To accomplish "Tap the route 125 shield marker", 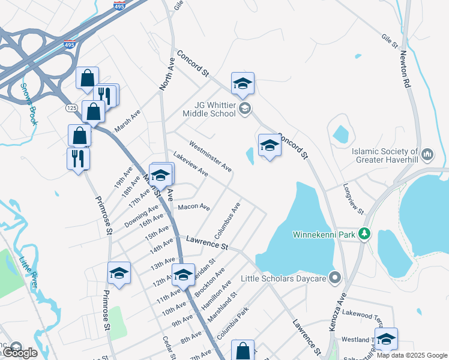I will pyautogui.click(x=71, y=107).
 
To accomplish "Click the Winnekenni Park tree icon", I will pyautogui.click(x=364, y=234).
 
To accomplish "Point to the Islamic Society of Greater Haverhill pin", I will pyautogui.click(x=427, y=154).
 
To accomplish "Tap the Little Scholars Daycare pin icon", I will pyautogui.click(x=335, y=278).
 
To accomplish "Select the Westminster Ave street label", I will pyautogui.click(x=210, y=156).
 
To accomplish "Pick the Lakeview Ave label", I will pyautogui.click(x=191, y=164).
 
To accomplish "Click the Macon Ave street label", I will pyautogui.click(x=194, y=208).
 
